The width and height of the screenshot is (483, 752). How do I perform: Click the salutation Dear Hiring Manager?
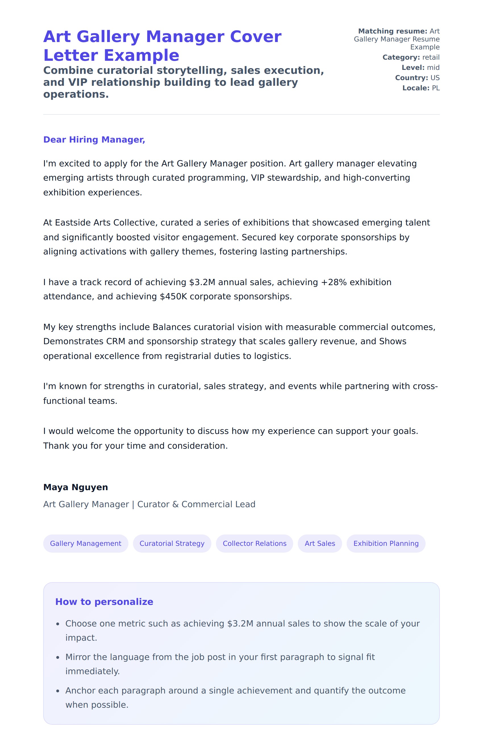94,139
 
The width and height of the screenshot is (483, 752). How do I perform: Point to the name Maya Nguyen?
76,487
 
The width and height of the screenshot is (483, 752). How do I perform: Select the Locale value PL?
436,88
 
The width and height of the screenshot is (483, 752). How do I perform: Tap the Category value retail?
431,57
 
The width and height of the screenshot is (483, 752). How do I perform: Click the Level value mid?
433,68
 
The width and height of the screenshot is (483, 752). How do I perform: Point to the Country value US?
435,78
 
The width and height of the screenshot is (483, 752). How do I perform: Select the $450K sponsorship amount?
173,296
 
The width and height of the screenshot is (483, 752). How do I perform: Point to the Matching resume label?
392,31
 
